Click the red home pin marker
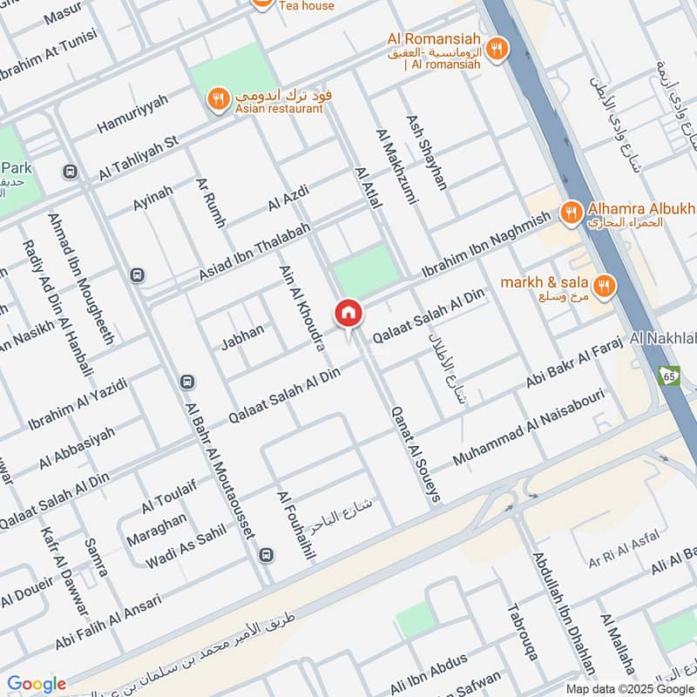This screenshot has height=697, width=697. (348, 313)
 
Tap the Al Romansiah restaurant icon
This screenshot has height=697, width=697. (496, 50)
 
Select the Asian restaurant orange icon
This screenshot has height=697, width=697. (219, 99)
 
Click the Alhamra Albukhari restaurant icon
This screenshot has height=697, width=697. (571, 212)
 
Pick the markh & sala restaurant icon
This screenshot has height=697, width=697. (603, 285)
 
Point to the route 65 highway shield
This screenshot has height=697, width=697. (669, 376)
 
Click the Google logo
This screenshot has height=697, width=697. (36, 684)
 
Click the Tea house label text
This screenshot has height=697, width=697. (306, 5)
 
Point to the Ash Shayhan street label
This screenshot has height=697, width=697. (426, 152)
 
